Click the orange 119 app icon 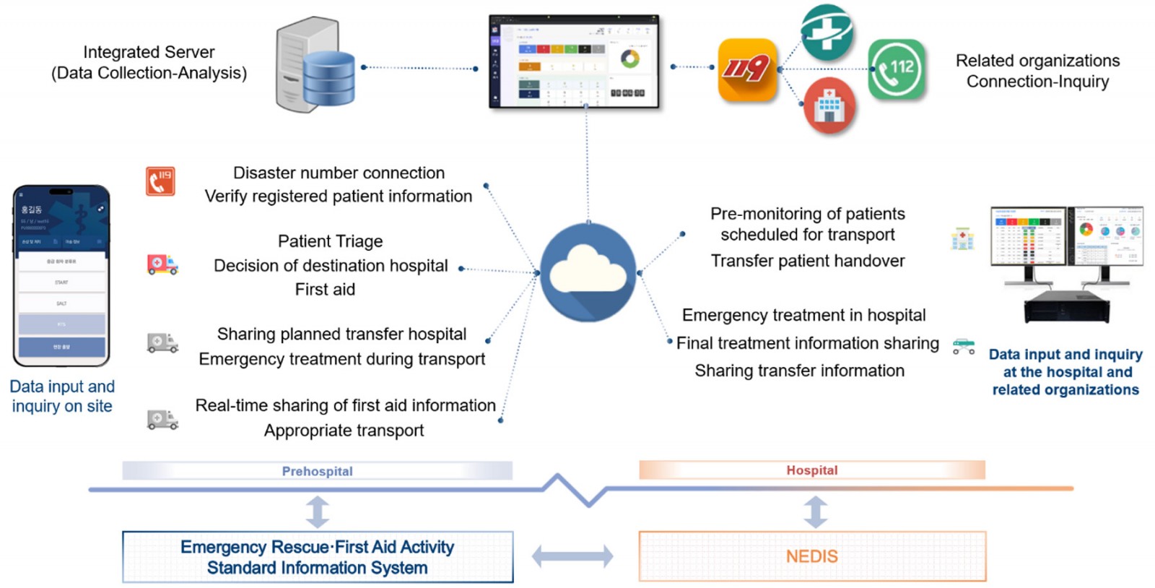(747, 70)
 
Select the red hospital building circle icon (829, 106)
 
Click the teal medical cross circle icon (827, 33)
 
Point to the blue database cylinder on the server (328, 79)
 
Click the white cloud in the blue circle (588, 273)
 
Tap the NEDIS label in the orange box (812, 556)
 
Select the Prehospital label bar (317, 471)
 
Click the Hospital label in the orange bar (812, 470)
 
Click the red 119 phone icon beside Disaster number (160, 181)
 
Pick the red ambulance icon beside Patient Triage (162, 264)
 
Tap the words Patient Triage (331, 241)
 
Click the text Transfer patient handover (807, 261)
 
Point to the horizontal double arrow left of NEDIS (572, 556)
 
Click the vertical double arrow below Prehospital (317, 511)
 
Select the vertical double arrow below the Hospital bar (815, 511)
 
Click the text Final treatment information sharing (808, 343)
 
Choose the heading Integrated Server (149, 52)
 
